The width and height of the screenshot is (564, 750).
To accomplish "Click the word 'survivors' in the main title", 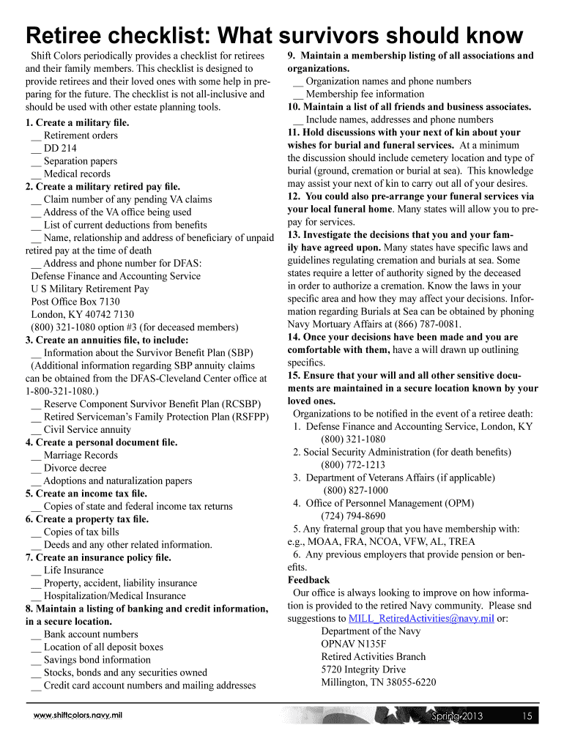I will pyautogui.click(x=327, y=36).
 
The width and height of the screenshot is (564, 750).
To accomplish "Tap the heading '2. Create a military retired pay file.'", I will pyautogui.click(x=103, y=186).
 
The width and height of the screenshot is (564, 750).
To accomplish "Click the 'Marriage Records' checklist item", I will pyautogui.click(x=80, y=455).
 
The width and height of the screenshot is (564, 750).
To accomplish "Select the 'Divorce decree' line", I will pyautogui.click(x=75, y=468).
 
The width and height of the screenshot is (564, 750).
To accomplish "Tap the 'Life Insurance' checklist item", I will pyautogui.click(x=73, y=570).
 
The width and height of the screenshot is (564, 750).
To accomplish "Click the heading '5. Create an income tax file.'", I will pyautogui.click(x=86, y=494).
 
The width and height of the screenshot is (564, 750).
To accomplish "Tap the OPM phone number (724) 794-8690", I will pyautogui.click(x=353, y=516).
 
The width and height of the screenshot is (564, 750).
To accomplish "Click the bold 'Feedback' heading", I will pyautogui.click(x=308, y=580).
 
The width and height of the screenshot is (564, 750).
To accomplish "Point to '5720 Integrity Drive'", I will pyautogui.click(x=363, y=669).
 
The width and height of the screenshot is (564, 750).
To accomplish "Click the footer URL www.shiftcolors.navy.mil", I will pyautogui.click(x=78, y=716).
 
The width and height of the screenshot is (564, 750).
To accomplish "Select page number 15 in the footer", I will pyautogui.click(x=527, y=716).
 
